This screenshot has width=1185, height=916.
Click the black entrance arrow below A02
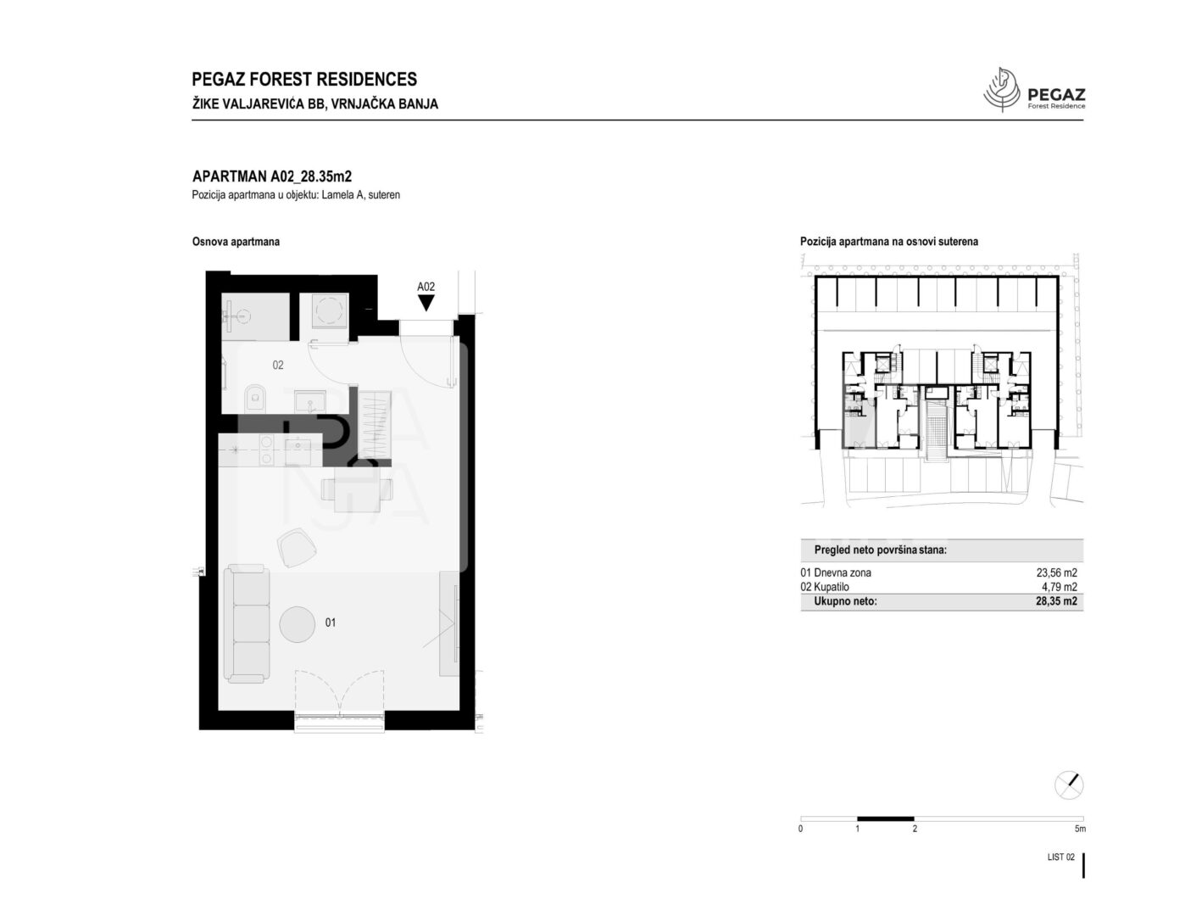point(426,302)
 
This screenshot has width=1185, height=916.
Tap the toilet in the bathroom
point(255,398)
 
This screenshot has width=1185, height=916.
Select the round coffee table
point(298,624)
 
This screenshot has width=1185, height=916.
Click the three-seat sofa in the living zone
point(247,624)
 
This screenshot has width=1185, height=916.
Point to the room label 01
point(331,623)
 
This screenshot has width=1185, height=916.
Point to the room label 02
point(278,365)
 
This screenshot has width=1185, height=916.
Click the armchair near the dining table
point(297,547)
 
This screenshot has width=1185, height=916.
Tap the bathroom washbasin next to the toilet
point(309,401)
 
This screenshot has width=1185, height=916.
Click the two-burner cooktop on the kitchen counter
point(266,450)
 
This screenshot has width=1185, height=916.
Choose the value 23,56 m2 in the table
point(1056,572)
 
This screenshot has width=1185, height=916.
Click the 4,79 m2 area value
point(1060,587)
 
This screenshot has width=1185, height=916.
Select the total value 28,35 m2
point(1056,601)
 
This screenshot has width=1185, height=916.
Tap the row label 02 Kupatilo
point(825,587)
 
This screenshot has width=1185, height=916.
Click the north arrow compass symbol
point(1069,785)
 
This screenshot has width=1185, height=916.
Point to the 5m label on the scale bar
point(1080,829)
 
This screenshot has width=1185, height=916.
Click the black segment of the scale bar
point(886,818)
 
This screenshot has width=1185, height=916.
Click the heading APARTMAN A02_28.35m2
point(272,176)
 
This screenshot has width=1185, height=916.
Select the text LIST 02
point(1061,857)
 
